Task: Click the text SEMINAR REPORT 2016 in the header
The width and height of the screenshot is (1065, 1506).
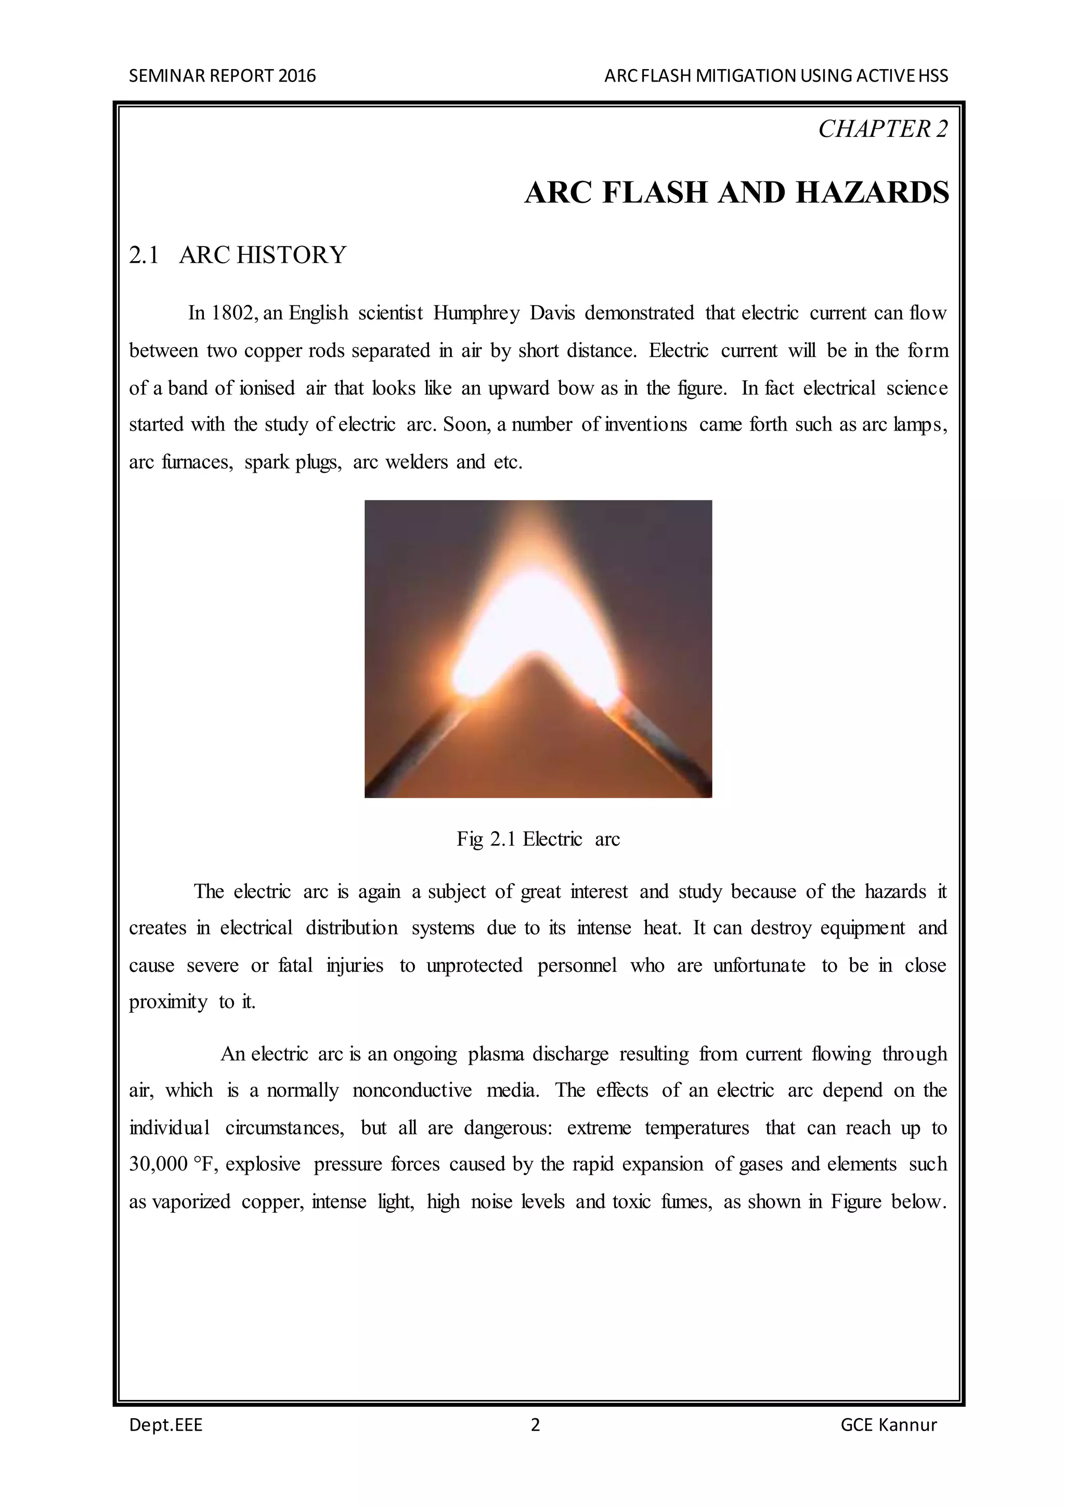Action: (223, 76)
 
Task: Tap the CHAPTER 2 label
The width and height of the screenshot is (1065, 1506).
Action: (882, 129)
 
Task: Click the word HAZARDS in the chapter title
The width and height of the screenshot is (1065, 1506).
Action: (872, 193)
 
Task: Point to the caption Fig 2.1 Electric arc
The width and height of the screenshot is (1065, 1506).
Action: (538, 839)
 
